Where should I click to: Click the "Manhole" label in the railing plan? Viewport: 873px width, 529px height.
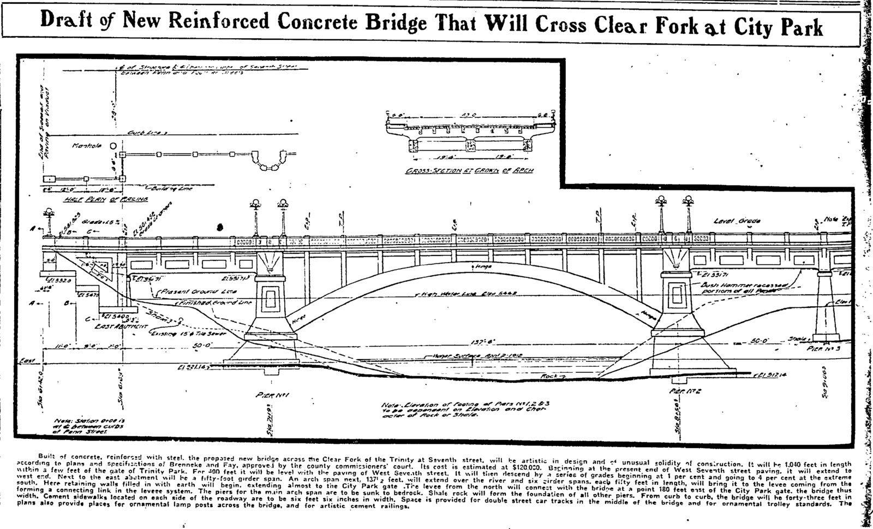pyautogui.click(x=87, y=146)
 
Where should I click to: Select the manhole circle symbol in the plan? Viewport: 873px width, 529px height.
pyautogui.click(x=112, y=146)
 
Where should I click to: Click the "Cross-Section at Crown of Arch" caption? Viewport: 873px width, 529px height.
pyautogui.click(x=469, y=170)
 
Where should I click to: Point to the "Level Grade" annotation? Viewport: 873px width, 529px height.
pyautogui.click(x=737, y=221)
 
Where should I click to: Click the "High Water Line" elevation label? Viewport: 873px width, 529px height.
pyautogui.click(x=469, y=294)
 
